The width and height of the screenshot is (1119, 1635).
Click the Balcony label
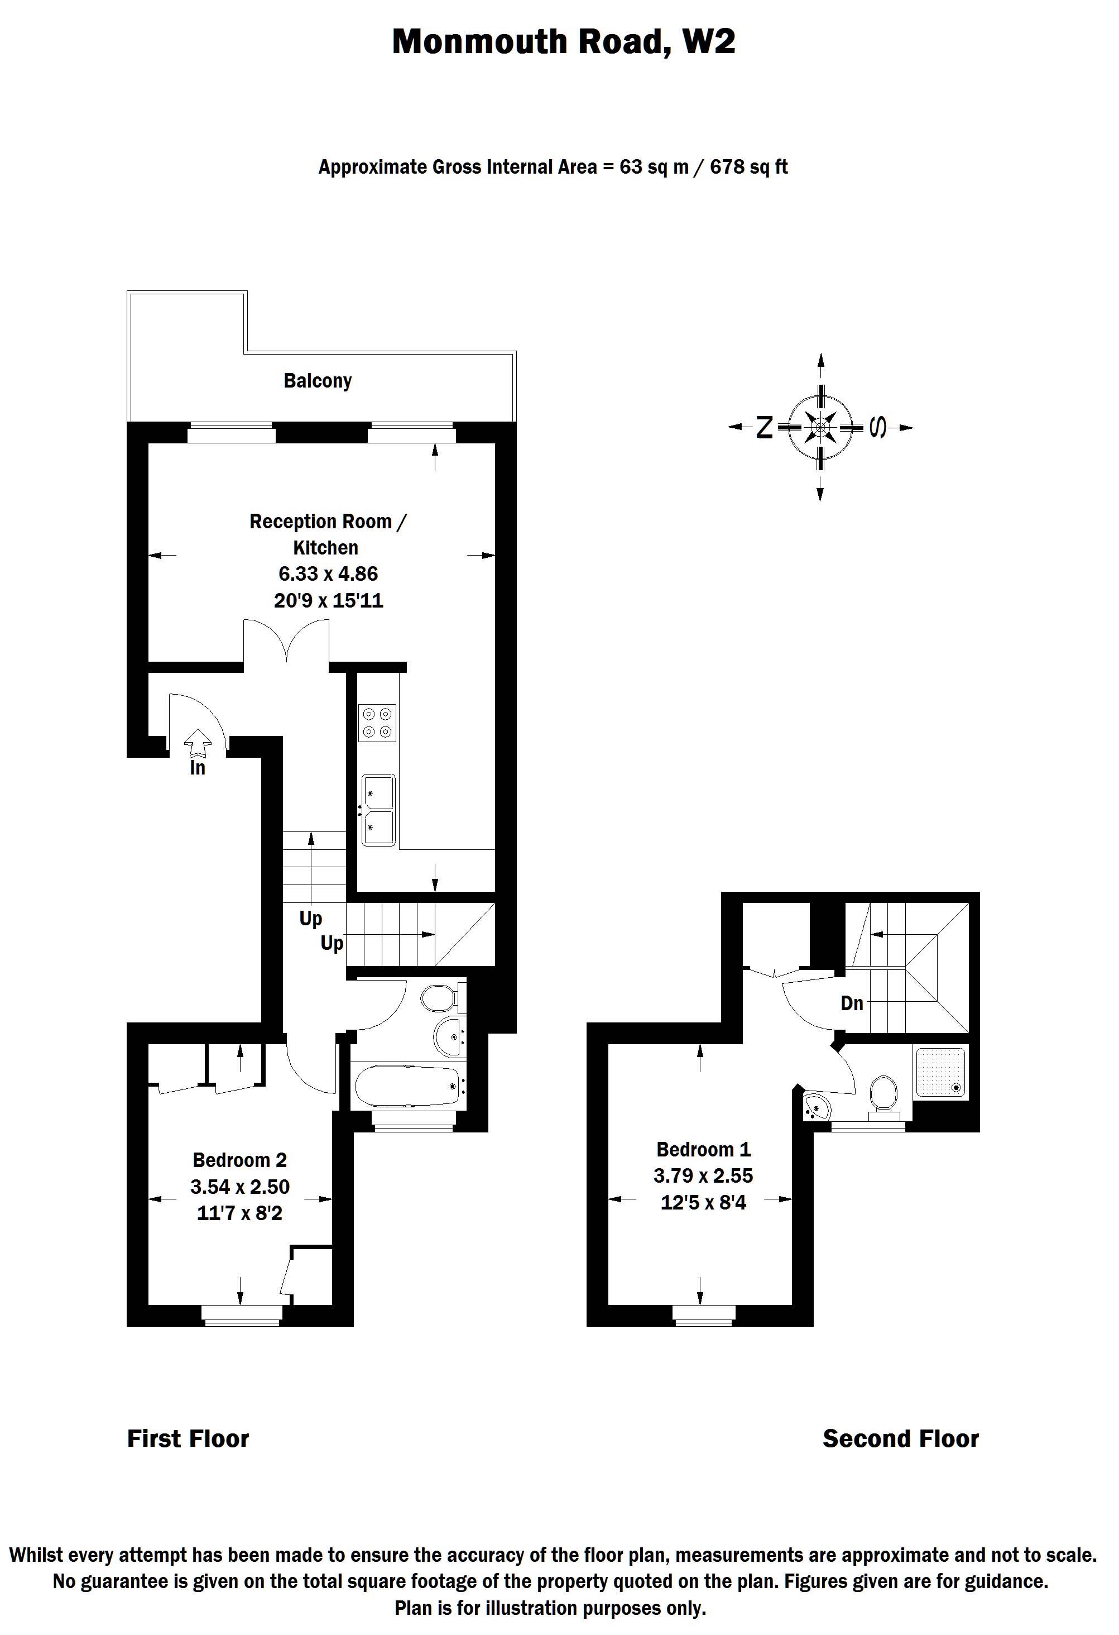pyautogui.click(x=317, y=381)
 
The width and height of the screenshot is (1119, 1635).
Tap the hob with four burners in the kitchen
pyautogui.click(x=378, y=723)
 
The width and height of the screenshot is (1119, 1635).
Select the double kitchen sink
pyautogui.click(x=378, y=810)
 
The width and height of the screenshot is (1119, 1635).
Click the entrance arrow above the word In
pyautogui.click(x=198, y=742)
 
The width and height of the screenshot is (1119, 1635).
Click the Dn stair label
pyautogui.click(x=852, y=1003)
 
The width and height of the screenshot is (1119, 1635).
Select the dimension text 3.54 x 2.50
pyautogui.click(x=240, y=1187)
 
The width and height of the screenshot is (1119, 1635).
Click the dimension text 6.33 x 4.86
pyautogui.click(x=328, y=573)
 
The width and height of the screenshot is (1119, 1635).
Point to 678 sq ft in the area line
pyautogui.click(x=748, y=168)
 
